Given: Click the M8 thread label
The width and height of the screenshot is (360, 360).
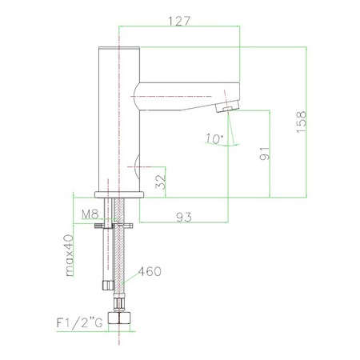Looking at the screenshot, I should (90, 214).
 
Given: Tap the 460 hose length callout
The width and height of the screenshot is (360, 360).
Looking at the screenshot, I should (150, 271).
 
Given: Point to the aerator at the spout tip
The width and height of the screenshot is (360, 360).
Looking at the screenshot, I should (229, 107).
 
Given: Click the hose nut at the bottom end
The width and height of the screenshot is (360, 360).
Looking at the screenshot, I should (122, 318).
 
